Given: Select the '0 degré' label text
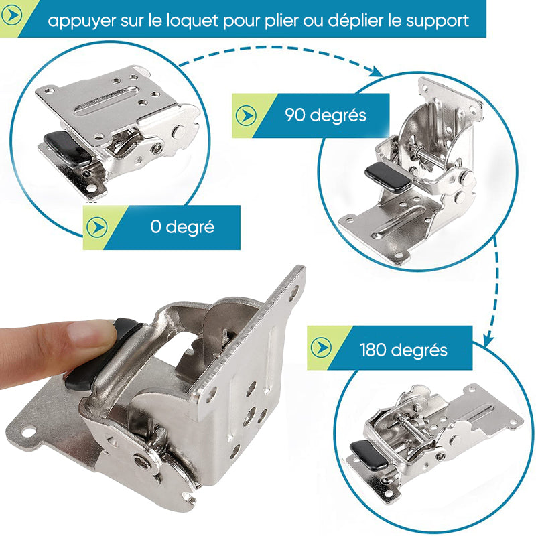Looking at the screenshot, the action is tap(182, 226).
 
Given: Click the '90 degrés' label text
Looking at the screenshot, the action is tap(326, 115).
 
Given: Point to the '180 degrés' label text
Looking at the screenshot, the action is tap(403, 350).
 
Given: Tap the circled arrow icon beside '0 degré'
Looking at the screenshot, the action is tap(96, 227).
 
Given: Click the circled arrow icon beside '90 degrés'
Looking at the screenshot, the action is tap(246, 115).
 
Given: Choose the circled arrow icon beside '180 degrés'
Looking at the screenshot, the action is tap(321, 347).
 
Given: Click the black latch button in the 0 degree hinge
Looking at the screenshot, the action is tap(68, 149).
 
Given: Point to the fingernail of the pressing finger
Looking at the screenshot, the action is tap(90, 330).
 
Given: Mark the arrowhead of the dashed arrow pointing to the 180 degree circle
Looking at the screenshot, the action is tap(489, 340).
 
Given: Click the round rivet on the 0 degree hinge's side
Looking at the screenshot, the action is tap(179, 131).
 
